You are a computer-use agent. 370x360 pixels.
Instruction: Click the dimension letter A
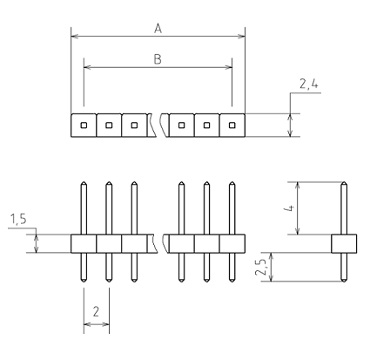click(x=158, y=29)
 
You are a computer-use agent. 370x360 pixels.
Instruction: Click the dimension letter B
click(x=158, y=59)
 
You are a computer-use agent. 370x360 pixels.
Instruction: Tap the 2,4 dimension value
click(x=309, y=85)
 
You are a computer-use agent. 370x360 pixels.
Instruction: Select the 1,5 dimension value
click(x=18, y=220)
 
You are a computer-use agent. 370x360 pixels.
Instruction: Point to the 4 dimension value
click(x=290, y=208)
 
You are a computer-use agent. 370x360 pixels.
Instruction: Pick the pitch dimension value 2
click(x=96, y=311)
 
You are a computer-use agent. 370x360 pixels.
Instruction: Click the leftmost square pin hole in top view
click(x=84, y=126)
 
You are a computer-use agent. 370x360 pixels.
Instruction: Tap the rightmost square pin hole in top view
click(x=232, y=126)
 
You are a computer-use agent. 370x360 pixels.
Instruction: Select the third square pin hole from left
click(x=134, y=126)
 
